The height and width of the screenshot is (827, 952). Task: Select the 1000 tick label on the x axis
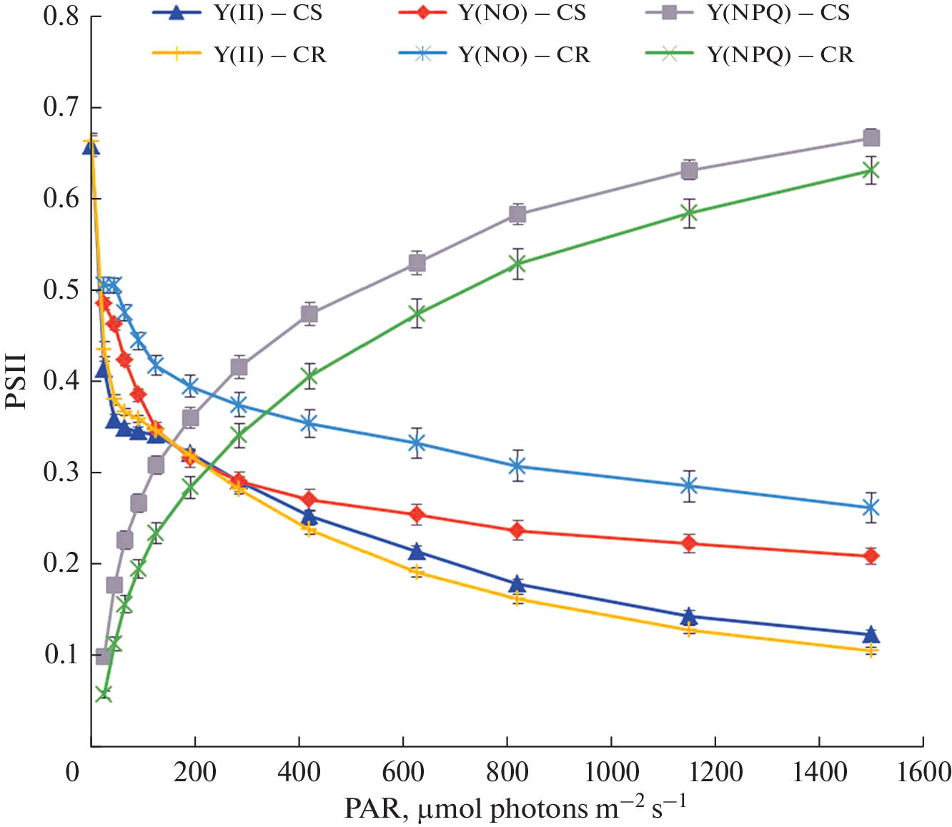(612, 773)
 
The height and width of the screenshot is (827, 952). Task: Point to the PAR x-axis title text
(515, 808)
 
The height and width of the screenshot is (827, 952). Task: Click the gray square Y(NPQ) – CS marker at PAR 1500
(871, 138)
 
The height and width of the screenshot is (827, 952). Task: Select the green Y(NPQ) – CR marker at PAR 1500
(871, 170)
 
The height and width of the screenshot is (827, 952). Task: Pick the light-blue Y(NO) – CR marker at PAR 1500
(871, 508)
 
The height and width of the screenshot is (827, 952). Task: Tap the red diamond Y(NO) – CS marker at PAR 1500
(871, 556)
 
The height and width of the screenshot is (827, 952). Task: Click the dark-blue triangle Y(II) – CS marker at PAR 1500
(871, 635)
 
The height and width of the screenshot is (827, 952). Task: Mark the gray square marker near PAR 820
(518, 214)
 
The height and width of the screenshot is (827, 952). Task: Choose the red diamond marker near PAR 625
(417, 515)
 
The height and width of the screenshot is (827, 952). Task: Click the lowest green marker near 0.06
(103, 694)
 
